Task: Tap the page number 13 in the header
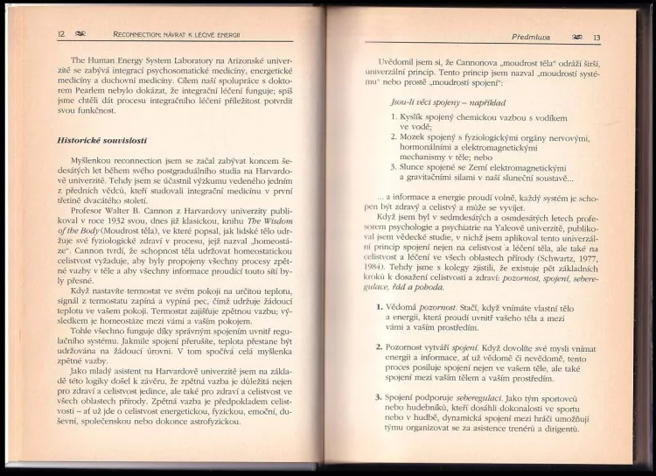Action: (x=596, y=38)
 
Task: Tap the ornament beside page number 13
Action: (x=576, y=38)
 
